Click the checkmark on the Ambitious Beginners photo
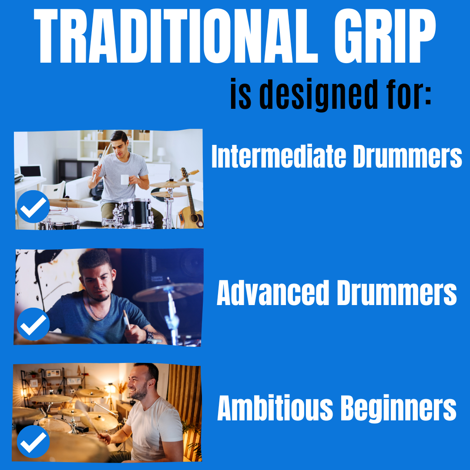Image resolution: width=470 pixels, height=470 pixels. [34, 441]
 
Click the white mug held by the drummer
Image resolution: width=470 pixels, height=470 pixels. [125, 179]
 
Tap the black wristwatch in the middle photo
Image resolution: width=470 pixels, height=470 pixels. [149, 336]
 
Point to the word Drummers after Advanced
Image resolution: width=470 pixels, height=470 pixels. [396, 293]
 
